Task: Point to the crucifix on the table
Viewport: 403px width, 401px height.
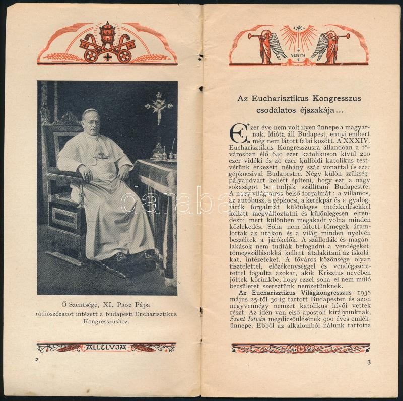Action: pos(159,107)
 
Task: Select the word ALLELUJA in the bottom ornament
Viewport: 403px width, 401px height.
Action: pos(107,347)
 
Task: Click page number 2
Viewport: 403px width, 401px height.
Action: pos(37,360)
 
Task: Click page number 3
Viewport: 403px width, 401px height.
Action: pos(369,362)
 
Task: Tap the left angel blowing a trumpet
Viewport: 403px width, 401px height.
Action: pos(266,46)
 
